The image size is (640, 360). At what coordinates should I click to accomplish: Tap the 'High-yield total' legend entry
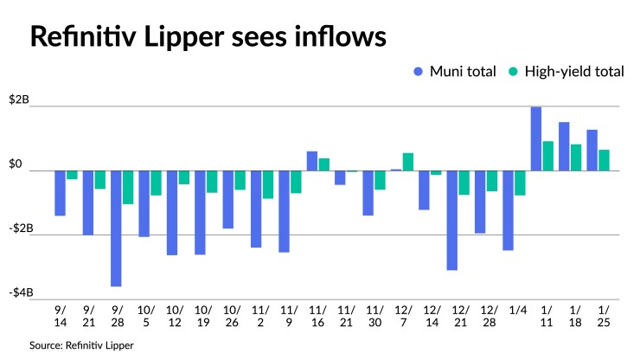click(x=566, y=72)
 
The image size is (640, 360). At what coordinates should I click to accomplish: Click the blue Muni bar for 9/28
click(x=116, y=228)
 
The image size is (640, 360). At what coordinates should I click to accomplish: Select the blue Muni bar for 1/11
click(x=536, y=138)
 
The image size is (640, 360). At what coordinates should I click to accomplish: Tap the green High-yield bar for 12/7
click(x=408, y=162)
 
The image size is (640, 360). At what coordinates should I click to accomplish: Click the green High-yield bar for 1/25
click(x=605, y=160)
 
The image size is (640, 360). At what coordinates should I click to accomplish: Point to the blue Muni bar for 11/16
click(x=312, y=161)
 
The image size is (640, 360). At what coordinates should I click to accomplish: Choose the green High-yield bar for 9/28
click(x=128, y=187)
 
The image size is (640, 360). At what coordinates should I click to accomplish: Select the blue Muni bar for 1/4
click(x=508, y=210)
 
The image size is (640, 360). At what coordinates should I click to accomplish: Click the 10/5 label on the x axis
click(x=144, y=316)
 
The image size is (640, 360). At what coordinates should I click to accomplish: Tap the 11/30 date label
click(x=374, y=316)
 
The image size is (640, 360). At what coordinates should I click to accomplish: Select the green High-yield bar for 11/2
click(x=268, y=184)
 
